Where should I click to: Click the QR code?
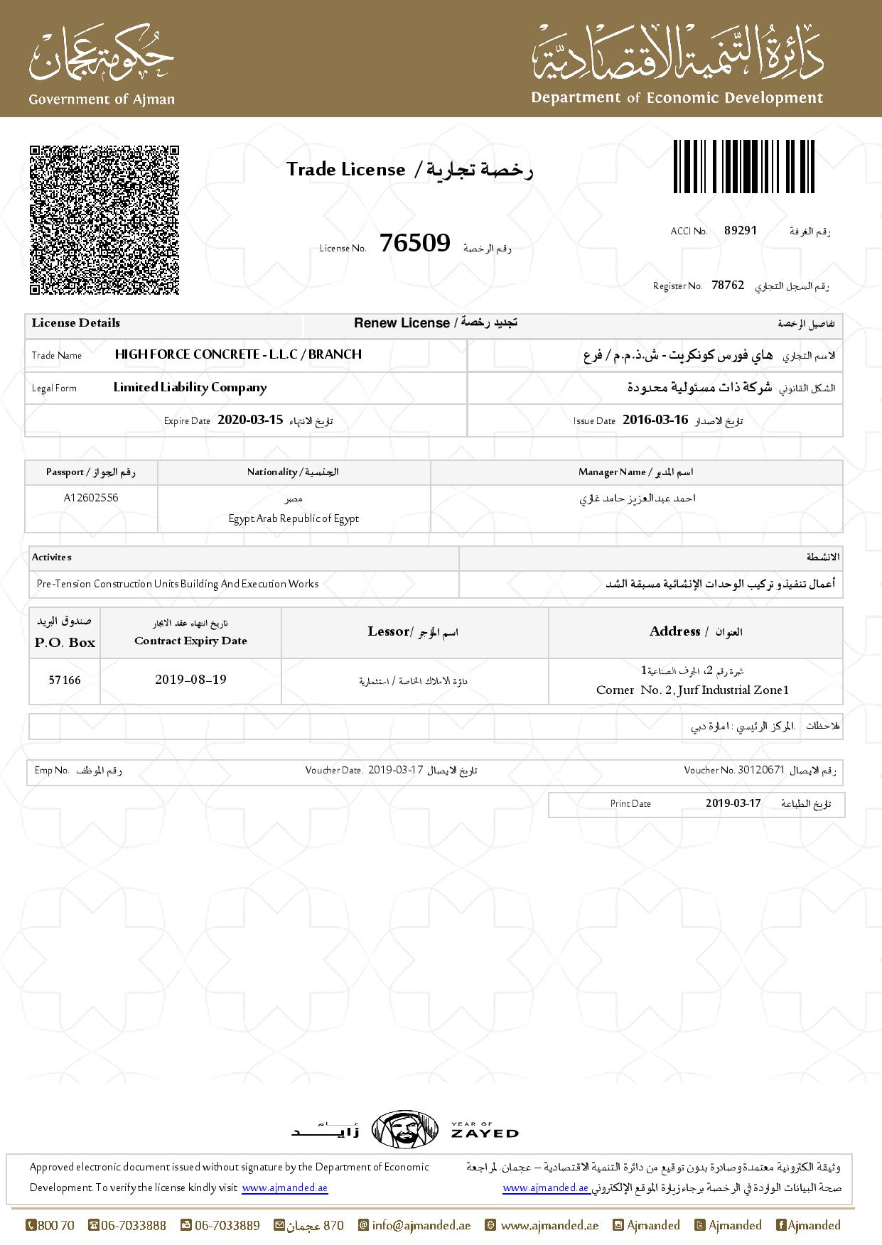pos(104,220)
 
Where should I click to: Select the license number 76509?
pos(415,244)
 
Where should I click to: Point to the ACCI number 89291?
pos(741,230)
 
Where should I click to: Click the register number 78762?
pos(728,285)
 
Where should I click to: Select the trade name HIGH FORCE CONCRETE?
pos(238,354)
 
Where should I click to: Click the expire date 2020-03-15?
pos(250,420)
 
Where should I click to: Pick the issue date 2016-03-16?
pos(655,420)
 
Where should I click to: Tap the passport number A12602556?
pos(91,498)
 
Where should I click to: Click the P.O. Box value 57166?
pos(65,680)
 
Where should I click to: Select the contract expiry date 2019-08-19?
pos(190,680)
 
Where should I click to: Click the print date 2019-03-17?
pos(733,803)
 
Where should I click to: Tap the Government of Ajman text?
pos(102,99)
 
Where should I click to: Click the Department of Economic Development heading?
pos(677,98)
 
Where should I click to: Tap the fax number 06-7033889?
pos(227,1225)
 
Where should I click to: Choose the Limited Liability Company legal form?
pos(190,388)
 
